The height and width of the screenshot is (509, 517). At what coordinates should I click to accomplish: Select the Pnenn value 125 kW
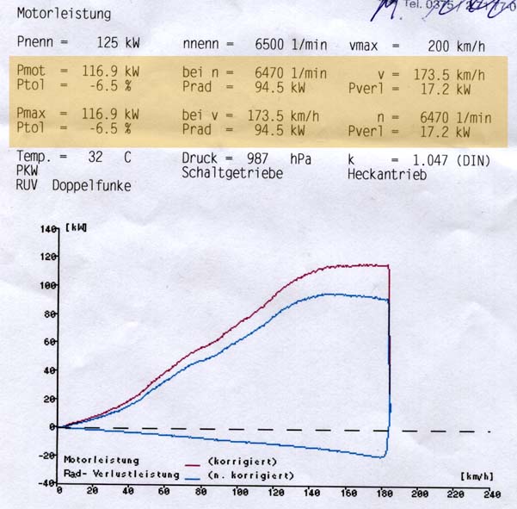click(118, 41)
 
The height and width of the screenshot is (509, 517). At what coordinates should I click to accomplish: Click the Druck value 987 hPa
click(269, 158)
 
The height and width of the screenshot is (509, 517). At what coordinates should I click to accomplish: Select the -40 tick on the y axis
click(46, 482)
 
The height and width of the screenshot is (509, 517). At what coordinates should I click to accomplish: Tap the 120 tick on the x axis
click(275, 494)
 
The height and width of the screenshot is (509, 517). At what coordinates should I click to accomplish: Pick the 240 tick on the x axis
click(491, 494)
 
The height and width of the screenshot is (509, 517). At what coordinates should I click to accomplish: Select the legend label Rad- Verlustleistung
click(121, 475)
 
